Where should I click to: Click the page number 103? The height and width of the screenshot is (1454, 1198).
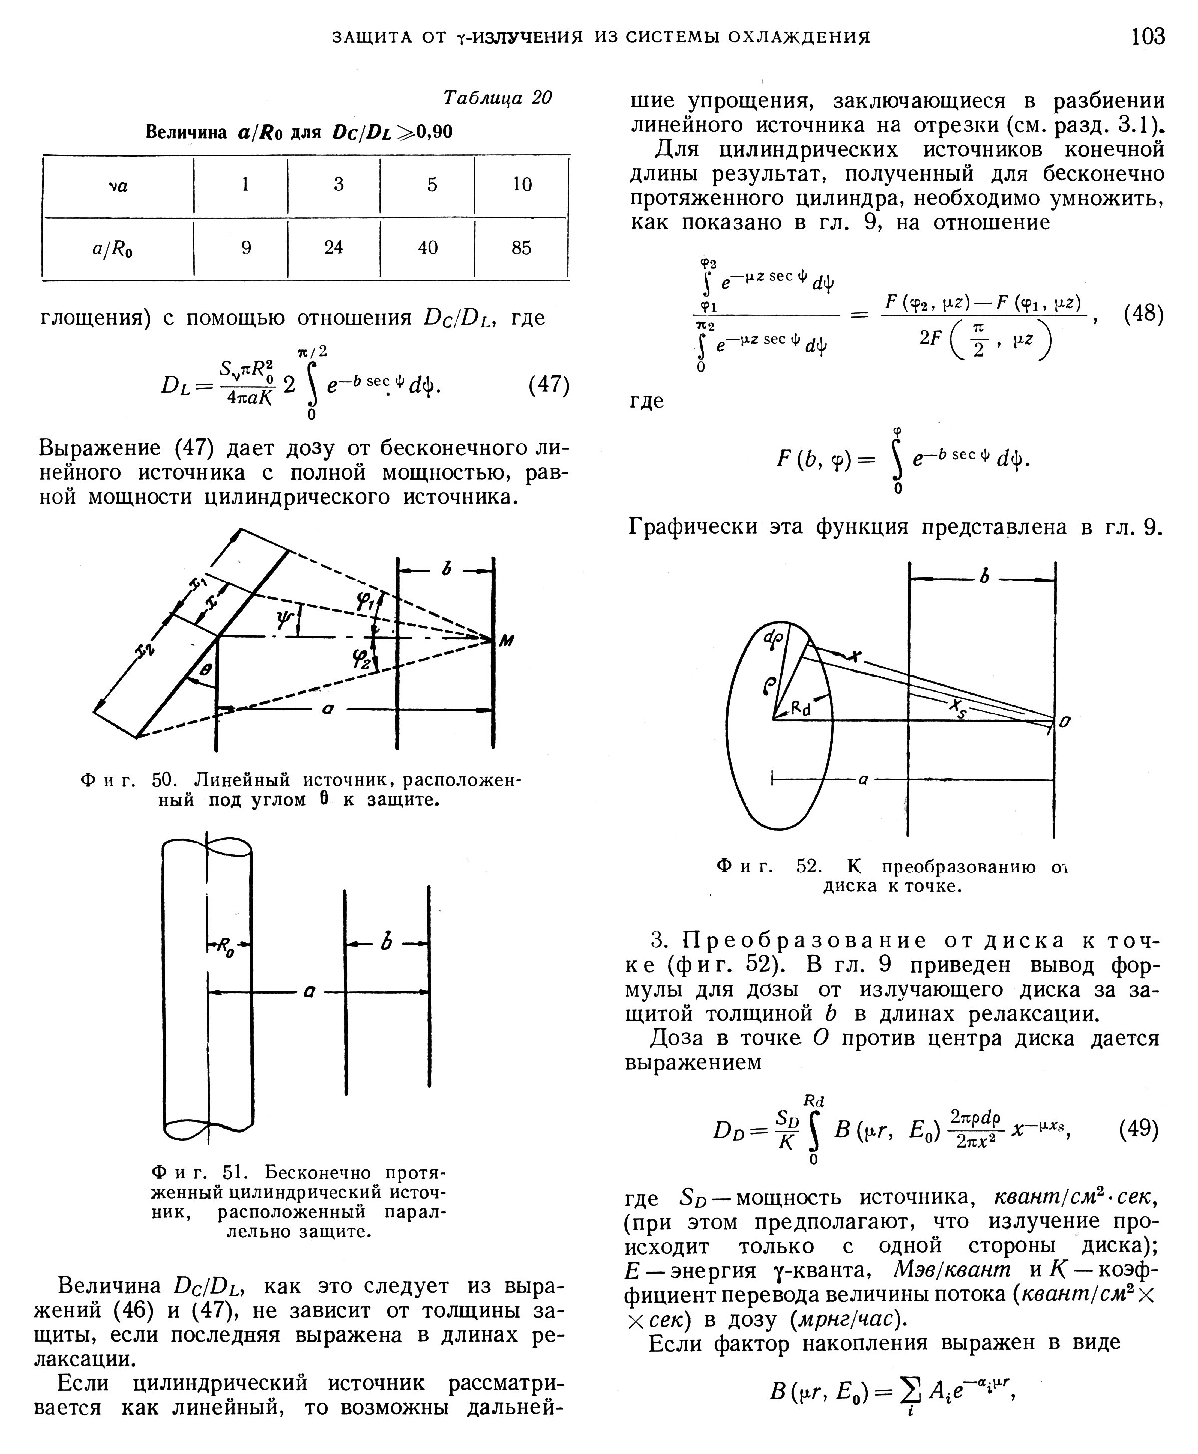(1148, 36)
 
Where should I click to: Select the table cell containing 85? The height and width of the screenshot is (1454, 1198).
(521, 248)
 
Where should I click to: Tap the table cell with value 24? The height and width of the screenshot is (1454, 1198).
(333, 248)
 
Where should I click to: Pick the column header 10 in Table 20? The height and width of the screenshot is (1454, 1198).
(522, 184)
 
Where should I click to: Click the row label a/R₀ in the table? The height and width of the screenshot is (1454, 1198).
(113, 249)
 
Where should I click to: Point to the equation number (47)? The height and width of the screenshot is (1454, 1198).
(549, 384)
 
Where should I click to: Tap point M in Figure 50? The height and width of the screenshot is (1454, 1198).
(507, 641)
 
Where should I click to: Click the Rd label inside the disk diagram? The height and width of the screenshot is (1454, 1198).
(801, 708)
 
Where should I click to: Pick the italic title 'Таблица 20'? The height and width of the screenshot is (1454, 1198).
(497, 98)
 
